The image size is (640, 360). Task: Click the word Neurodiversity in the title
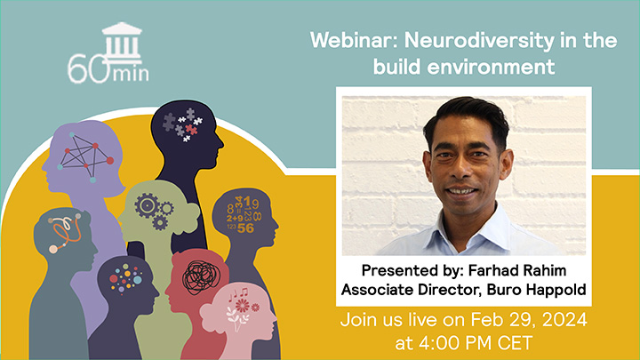tap(479, 41)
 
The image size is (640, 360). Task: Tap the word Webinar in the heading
tap(354, 40)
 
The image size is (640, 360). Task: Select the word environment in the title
tap(491, 67)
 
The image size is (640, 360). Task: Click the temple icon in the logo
tap(122, 43)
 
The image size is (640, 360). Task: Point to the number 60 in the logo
tap(89, 69)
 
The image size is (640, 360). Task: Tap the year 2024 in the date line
tap(564, 320)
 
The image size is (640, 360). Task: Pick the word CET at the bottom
tap(515, 343)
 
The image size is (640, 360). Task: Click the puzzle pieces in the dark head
tap(182, 124)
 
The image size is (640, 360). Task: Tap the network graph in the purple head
tap(85, 156)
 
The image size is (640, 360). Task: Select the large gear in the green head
tap(147, 205)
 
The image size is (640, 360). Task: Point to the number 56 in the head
tap(245, 228)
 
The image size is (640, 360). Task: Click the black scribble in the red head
tap(201, 277)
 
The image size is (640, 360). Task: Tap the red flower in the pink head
tap(242, 305)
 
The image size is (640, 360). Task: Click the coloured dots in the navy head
tap(125, 279)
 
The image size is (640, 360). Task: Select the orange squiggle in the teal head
tap(65, 233)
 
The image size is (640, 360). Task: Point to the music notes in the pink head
tap(238, 293)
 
